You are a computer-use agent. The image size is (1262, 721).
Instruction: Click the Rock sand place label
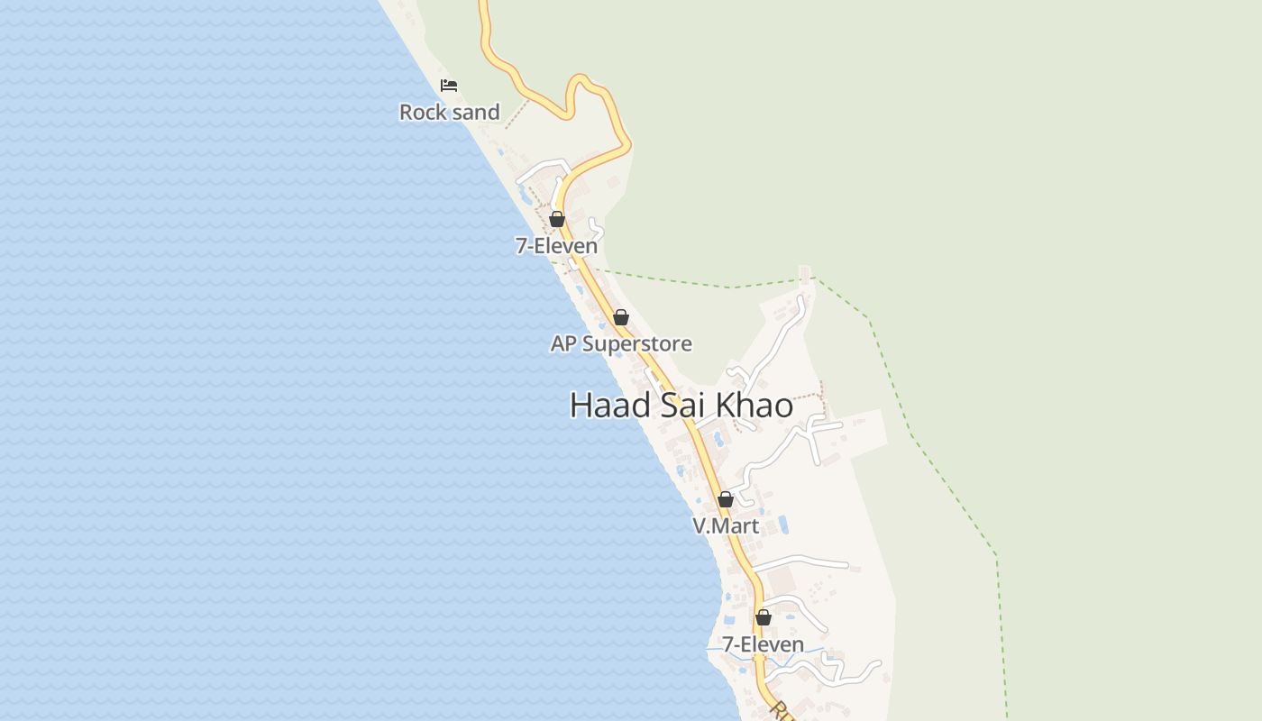click(x=449, y=113)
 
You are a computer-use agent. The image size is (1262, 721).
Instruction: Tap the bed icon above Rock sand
click(x=449, y=86)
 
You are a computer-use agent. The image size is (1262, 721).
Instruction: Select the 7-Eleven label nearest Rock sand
click(x=556, y=246)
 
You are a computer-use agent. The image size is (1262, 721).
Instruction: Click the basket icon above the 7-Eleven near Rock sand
click(x=557, y=219)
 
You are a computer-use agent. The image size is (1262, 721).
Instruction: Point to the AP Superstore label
click(x=621, y=343)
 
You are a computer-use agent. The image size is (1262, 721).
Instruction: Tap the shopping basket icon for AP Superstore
click(x=621, y=317)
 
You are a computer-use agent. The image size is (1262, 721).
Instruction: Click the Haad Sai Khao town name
click(x=681, y=406)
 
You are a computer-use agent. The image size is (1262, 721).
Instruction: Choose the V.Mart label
click(x=726, y=525)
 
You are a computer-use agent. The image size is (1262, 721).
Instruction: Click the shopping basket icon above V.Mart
click(x=726, y=499)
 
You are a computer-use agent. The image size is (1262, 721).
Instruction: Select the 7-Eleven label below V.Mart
click(x=763, y=644)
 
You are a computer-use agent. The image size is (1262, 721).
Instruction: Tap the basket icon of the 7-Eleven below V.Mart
click(x=764, y=617)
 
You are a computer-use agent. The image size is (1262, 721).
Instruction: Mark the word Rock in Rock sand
click(x=423, y=113)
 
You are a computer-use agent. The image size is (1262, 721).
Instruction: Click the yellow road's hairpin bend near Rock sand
click(x=581, y=81)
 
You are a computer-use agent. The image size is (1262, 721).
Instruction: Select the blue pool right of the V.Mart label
click(x=783, y=525)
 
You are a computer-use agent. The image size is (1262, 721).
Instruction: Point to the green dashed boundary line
click(x=909, y=424)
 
